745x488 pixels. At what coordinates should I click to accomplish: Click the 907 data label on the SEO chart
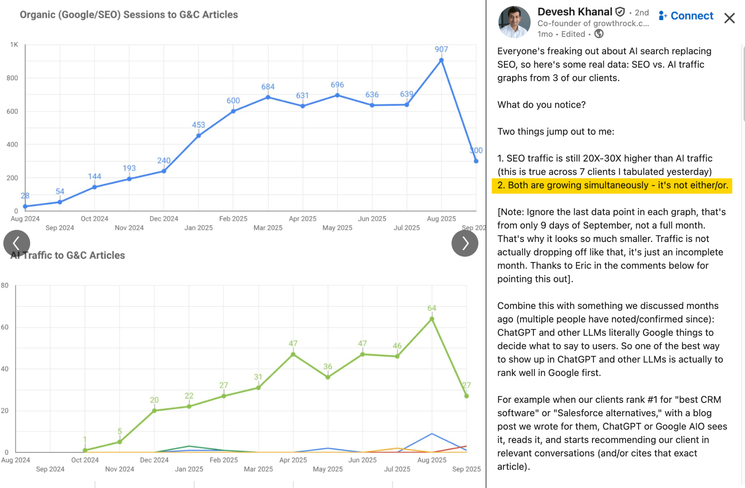(x=441, y=49)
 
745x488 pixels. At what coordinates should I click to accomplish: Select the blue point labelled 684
(x=268, y=97)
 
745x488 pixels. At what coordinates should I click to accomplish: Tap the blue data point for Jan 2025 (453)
(x=199, y=136)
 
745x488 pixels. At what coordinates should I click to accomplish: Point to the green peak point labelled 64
(x=432, y=319)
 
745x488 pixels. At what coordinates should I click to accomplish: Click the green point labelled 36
(x=328, y=377)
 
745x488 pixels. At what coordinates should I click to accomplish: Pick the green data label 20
(x=154, y=400)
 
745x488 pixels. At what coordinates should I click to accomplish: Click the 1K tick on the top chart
(x=14, y=45)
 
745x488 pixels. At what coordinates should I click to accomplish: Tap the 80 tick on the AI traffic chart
(x=5, y=285)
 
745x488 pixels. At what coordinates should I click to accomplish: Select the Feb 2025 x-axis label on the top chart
(x=233, y=219)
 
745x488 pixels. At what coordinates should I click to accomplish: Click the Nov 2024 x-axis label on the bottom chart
(x=120, y=469)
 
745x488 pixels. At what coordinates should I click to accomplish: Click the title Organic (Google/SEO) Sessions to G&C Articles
(x=129, y=15)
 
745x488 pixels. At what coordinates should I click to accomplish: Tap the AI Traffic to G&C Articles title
(x=68, y=255)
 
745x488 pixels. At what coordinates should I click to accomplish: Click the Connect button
(x=686, y=16)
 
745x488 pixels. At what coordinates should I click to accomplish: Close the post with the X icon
(x=729, y=18)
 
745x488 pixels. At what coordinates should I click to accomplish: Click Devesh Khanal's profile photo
(x=514, y=22)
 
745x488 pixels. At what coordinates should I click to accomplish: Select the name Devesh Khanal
(x=575, y=12)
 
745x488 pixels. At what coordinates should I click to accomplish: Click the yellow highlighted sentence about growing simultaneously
(x=612, y=185)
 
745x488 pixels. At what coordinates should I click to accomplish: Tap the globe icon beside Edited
(x=599, y=34)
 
